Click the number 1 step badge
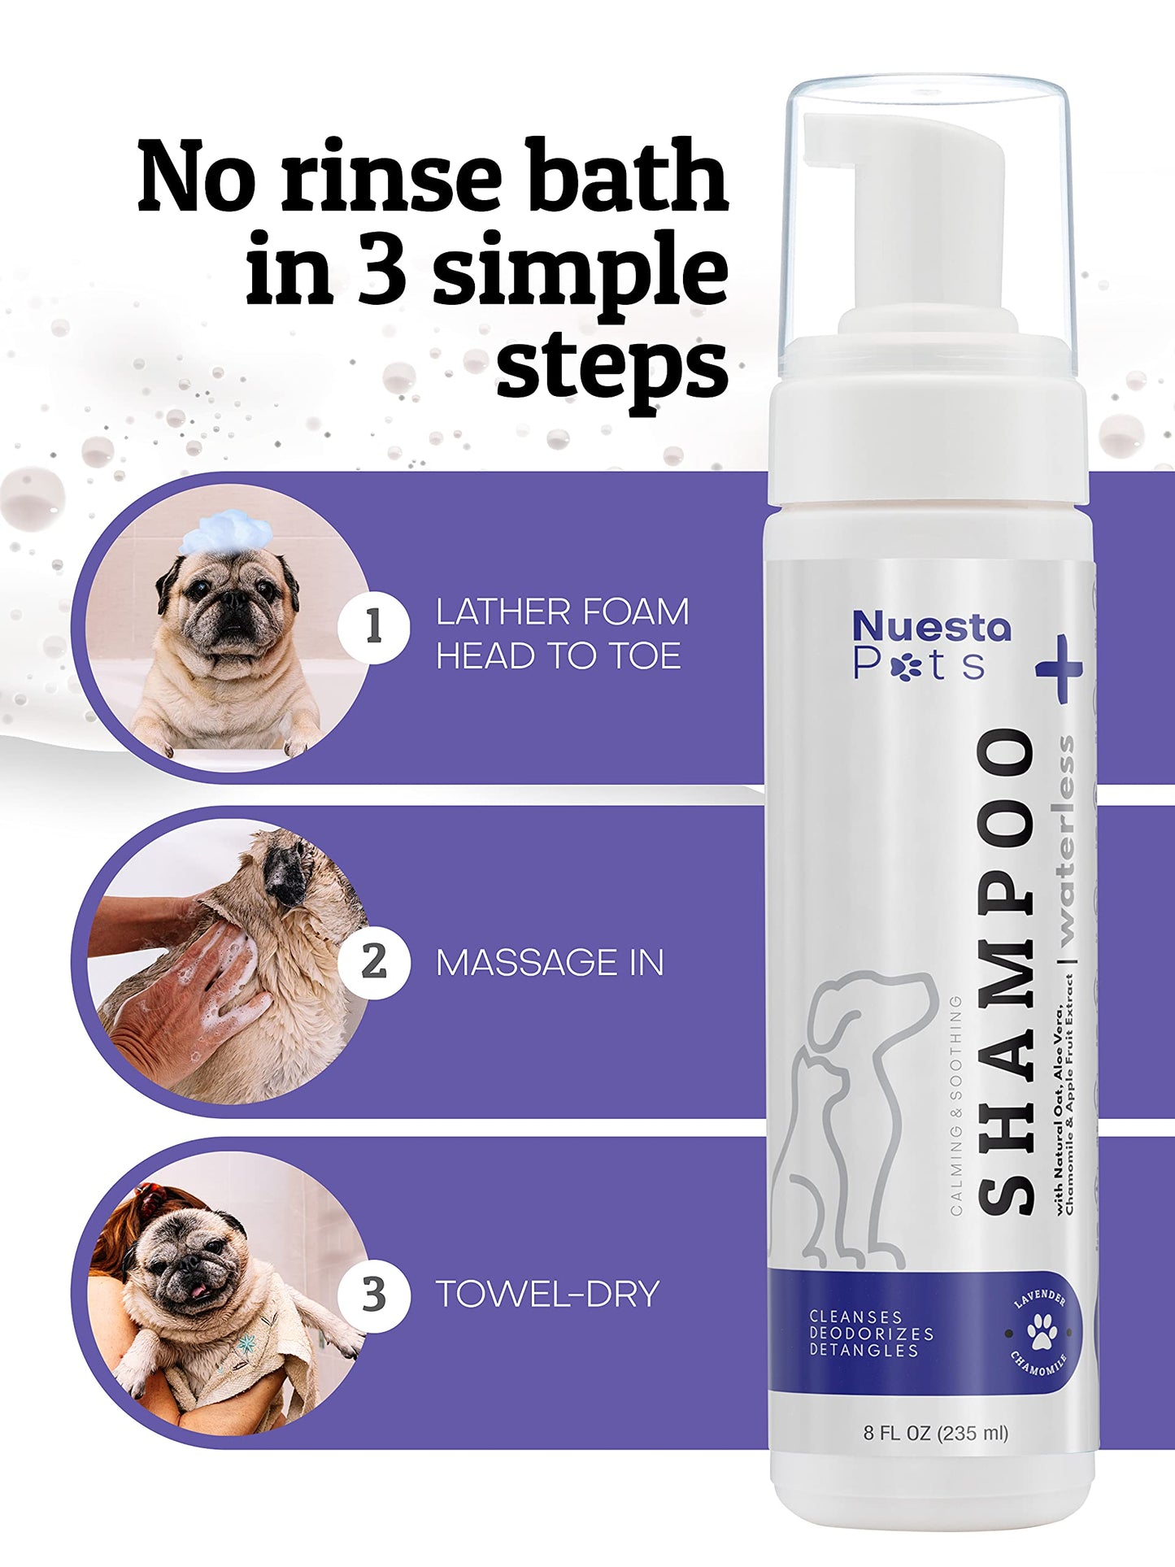coord(374,627)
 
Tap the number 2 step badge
coord(374,962)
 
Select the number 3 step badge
coord(374,1295)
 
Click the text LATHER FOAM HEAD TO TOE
coord(562,633)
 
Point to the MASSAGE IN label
coord(550,963)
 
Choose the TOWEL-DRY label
coord(547,1295)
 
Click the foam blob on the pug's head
coord(225,532)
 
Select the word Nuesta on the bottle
coord(932,628)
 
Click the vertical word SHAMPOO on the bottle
coord(1006,971)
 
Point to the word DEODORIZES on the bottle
coord(872,1334)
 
